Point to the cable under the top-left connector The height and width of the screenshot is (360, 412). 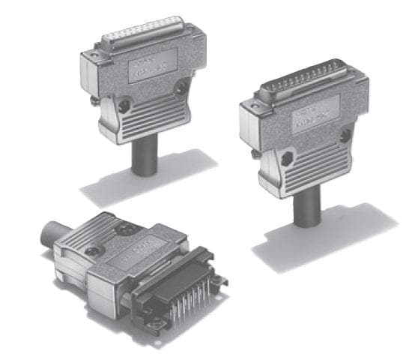(x=144, y=159)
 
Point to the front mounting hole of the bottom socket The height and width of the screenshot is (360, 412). (x=160, y=325)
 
